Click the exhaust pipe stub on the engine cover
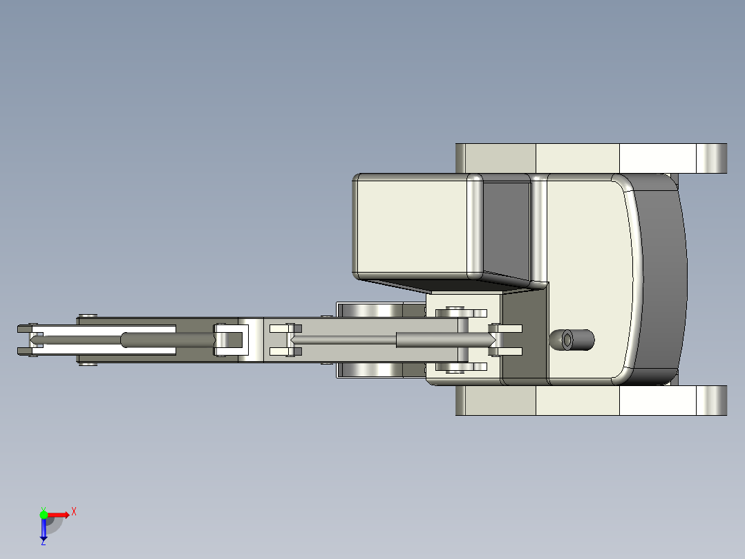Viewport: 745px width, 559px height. click(572, 340)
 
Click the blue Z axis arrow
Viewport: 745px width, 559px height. click(44, 530)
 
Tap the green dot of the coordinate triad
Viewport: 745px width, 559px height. click(44, 514)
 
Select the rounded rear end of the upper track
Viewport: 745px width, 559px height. click(712, 158)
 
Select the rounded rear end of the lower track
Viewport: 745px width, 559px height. click(712, 401)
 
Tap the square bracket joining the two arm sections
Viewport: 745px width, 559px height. click(230, 340)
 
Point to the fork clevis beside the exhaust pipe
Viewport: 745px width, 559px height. click(506, 340)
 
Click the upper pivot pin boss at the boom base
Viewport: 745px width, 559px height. click(455, 311)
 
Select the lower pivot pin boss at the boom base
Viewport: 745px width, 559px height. click(455, 367)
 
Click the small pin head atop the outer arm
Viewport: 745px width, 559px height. click(87, 315)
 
